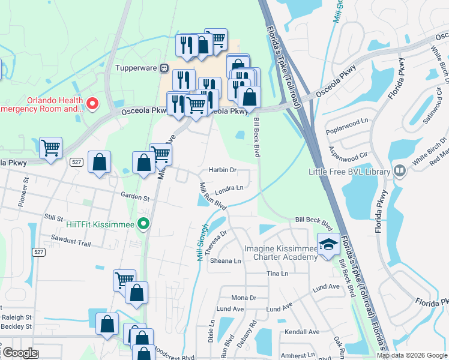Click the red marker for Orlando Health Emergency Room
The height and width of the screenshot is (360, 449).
tap(92, 104)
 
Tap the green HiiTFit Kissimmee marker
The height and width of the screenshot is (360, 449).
tap(143, 224)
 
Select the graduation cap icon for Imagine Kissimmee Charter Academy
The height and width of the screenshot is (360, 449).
tap(328, 245)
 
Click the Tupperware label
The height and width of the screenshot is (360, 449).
tap(136, 68)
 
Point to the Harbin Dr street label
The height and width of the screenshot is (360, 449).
tap(223, 170)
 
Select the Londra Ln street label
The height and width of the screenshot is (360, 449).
tap(229, 188)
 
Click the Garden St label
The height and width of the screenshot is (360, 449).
tap(134, 196)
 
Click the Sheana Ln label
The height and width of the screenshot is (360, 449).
tap(225, 261)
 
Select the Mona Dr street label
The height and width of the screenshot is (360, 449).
tap(244, 298)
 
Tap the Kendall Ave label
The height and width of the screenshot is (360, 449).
tap(303, 332)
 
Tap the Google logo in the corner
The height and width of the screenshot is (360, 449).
tap(20, 353)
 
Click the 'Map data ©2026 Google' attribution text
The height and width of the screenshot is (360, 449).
tap(412, 355)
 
